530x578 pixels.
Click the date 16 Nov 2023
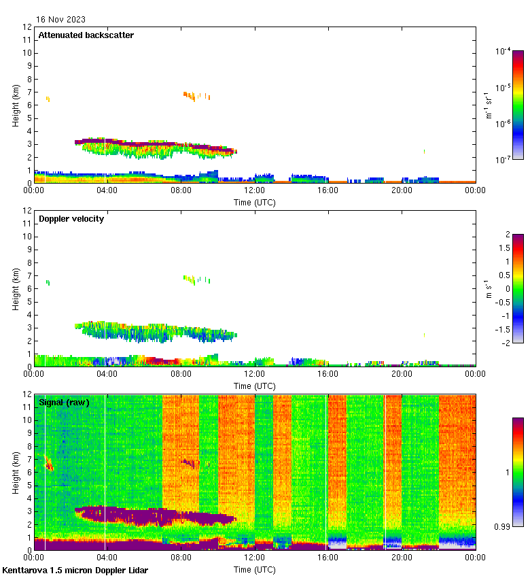pyautogui.click(x=60, y=20)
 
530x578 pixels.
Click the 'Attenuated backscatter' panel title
pyautogui.click(x=86, y=35)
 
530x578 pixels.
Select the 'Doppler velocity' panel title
pyautogui.click(x=71, y=219)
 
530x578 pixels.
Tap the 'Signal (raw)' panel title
pyautogui.click(x=64, y=403)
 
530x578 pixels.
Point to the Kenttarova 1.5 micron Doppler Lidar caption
pyautogui.click(x=75, y=571)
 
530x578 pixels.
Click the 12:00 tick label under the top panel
pyautogui.click(x=255, y=191)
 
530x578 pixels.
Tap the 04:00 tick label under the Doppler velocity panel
pyautogui.click(x=107, y=375)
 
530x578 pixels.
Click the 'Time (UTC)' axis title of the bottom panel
pyautogui.click(x=255, y=568)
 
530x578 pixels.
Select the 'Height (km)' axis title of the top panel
pyautogui.click(x=16, y=105)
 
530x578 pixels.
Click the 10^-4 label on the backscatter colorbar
pyautogui.click(x=503, y=52)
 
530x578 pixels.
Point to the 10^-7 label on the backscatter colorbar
pyautogui.click(x=503, y=160)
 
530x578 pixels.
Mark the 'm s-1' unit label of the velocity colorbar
pyautogui.click(x=488, y=288)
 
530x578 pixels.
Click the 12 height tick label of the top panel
pyautogui.click(x=28, y=27)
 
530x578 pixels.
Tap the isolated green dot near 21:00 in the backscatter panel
pyautogui.click(x=425, y=151)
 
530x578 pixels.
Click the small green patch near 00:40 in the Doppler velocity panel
pyautogui.click(x=48, y=282)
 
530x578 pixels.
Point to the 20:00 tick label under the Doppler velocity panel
pyautogui.click(x=402, y=375)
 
